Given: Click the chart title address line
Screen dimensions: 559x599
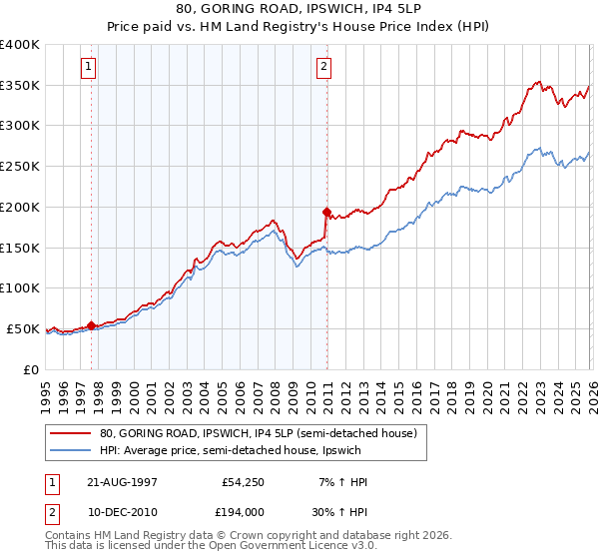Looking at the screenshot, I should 299,9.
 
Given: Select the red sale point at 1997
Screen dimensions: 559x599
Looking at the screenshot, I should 92,324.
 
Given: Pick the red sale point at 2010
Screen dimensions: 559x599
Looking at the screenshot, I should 326,212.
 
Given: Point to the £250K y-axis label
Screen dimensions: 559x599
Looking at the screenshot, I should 20,166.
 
